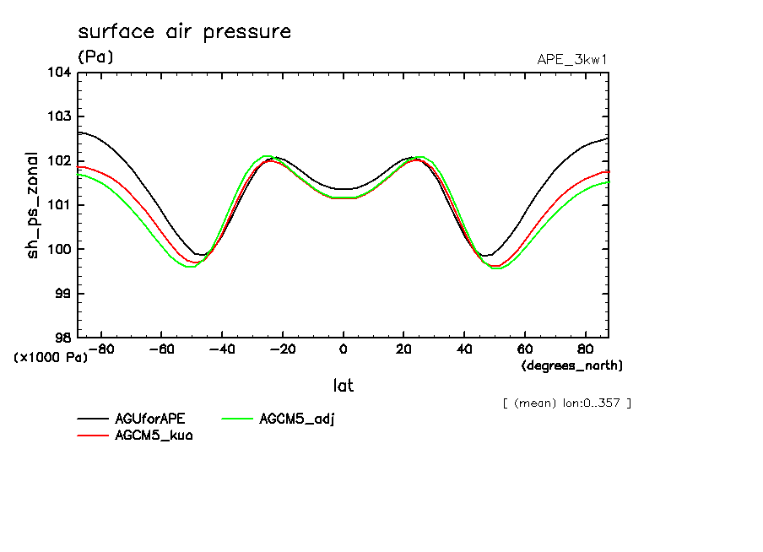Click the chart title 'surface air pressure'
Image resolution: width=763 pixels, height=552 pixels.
click(184, 32)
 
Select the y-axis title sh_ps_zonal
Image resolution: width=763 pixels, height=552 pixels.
click(33, 205)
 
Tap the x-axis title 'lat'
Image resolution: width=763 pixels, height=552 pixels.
click(343, 386)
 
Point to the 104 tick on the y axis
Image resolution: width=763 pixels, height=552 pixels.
click(61, 73)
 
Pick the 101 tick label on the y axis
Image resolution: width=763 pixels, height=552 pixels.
click(61, 205)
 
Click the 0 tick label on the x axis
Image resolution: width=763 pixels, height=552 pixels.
click(344, 349)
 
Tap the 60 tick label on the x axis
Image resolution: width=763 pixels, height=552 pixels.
click(524, 349)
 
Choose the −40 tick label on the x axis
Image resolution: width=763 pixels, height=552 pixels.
click(221, 349)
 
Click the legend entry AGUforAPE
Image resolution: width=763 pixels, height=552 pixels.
click(150, 419)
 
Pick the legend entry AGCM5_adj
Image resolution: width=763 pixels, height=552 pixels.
click(297, 419)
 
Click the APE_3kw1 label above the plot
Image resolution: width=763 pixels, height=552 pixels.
click(573, 59)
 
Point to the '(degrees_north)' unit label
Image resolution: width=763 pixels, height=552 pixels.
click(572, 365)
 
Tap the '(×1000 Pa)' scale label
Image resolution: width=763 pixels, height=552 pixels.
click(51, 357)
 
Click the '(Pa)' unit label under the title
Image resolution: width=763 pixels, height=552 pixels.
click(95, 57)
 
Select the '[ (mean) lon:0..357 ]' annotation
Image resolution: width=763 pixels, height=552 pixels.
click(566, 403)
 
